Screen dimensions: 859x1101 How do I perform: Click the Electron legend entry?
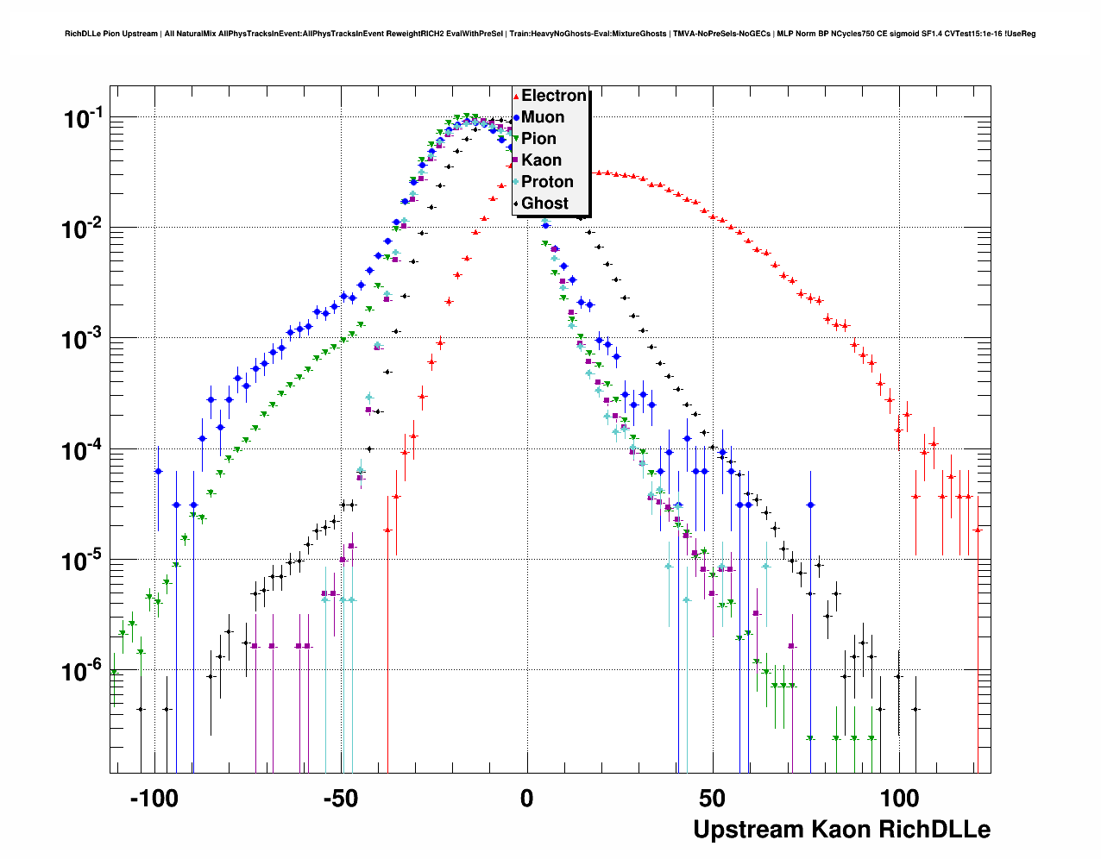tap(553, 96)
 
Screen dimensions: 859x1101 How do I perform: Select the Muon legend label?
tap(543, 117)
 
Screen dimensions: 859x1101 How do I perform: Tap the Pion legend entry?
tap(538, 139)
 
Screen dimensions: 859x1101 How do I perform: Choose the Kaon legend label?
tap(541, 160)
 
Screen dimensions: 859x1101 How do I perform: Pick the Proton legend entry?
tap(547, 182)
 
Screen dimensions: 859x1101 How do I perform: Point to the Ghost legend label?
tap(544, 204)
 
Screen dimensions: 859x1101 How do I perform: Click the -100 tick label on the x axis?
tap(154, 799)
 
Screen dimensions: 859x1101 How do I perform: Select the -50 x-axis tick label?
tap(340, 799)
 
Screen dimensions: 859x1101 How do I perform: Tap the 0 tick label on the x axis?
tap(527, 799)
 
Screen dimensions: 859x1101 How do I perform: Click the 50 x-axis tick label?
tap(713, 799)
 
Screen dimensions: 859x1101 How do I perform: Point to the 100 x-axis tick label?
tap(899, 799)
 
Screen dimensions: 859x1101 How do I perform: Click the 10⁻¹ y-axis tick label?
tap(84, 118)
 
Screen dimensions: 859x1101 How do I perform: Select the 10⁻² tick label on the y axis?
tap(84, 229)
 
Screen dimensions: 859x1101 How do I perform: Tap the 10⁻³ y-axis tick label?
tap(84, 339)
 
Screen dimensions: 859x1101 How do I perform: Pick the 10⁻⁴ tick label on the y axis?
tap(84, 449)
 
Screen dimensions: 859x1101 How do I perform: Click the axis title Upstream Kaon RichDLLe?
tap(841, 830)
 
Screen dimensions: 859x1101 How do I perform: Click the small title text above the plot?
tap(550, 34)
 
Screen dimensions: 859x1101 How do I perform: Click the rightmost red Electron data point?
tap(977, 530)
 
